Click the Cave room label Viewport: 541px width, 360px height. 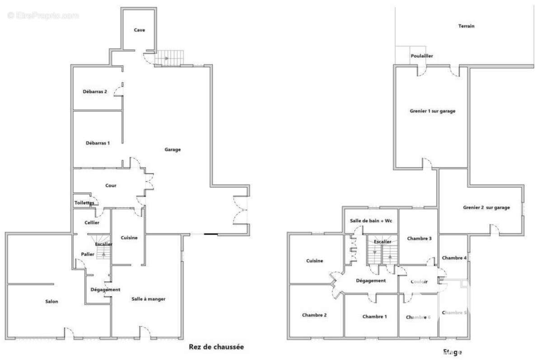[139, 30]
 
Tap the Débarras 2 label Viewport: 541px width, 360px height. [95, 91]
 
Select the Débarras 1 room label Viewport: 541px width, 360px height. [98, 143]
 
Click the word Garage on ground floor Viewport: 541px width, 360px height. [173, 150]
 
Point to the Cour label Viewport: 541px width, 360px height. [111, 185]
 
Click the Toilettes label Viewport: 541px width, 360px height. [84, 203]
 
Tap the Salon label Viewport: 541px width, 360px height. [51, 302]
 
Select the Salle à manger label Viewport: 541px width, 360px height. [149, 299]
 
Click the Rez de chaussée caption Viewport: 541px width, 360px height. [216, 347]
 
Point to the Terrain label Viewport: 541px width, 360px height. [466, 26]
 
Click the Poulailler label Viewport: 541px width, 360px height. [422, 56]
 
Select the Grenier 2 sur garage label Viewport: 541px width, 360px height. [486, 208]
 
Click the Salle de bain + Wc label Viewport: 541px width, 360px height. [371, 220]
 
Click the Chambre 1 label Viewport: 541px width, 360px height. [374, 316]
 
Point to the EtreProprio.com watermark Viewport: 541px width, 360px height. [43, 15]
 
